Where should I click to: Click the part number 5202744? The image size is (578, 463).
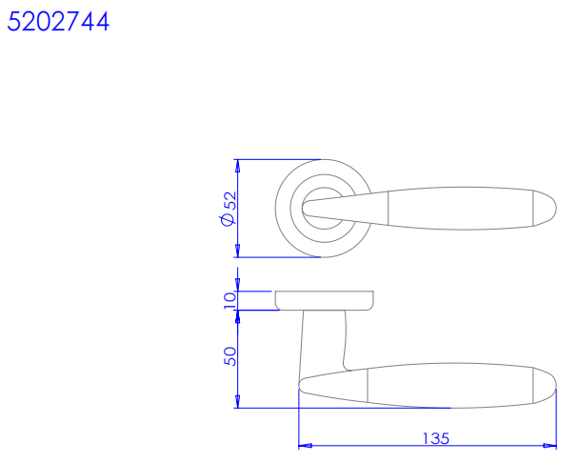tap(58, 21)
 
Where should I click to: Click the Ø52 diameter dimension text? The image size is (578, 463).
tap(229, 209)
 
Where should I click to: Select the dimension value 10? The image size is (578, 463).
tap(229, 301)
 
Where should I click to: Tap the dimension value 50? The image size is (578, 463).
tap(230, 356)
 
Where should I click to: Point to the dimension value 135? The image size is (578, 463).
tap(436, 438)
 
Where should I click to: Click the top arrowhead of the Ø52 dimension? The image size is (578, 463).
tap(238, 166)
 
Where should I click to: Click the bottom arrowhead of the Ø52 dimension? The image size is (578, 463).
tap(238, 251)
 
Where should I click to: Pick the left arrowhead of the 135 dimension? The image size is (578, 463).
tap(305, 446)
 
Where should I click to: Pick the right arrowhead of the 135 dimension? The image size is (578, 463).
tap(550, 446)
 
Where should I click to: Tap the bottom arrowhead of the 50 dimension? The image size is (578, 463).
tap(238, 402)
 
